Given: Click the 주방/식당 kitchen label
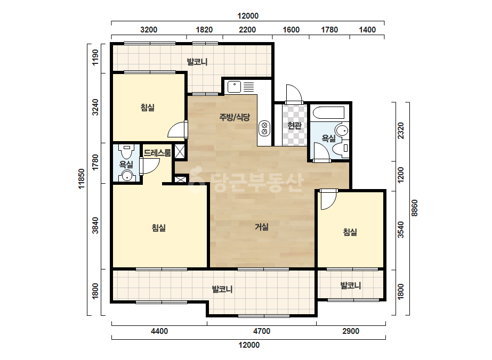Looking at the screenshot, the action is (x=235, y=117).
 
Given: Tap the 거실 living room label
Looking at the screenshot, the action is (x=261, y=226).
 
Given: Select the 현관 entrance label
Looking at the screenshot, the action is (x=294, y=126).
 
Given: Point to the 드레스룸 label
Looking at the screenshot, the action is (x=157, y=153).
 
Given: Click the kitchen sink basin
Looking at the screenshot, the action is (x=234, y=87).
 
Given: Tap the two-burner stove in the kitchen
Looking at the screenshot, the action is (x=264, y=128).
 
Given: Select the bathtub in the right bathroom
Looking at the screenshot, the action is (x=328, y=112).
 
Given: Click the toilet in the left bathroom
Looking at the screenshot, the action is (x=127, y=151).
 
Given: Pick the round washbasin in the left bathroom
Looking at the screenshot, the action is (x=127, y=176).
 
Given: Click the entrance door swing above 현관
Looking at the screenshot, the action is (x=294, y=93).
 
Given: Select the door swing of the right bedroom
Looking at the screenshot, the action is (x=328, y=200).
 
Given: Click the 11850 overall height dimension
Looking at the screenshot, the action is (x=82, y=179).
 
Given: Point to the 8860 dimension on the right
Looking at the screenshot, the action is (x=415, y=208).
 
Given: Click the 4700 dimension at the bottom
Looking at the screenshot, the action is (x=262, y=331).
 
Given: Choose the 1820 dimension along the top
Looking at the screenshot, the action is (x=204, y=30).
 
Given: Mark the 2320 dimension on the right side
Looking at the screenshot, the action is (x=401, y=130).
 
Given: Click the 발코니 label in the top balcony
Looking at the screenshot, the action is (x=197, y=61).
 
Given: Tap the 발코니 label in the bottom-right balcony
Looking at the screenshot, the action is (x=351, y=285).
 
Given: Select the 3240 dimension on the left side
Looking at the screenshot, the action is (x=95, y=107).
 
